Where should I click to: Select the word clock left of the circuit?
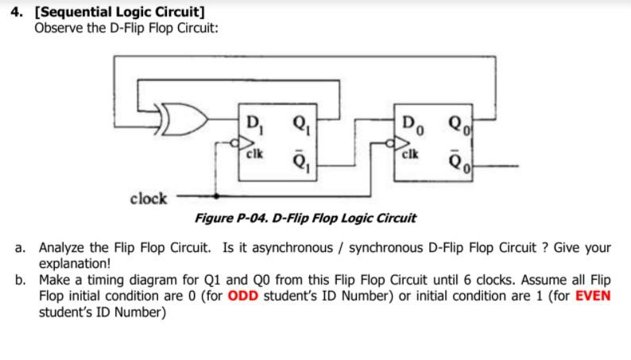pos(149,198)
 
